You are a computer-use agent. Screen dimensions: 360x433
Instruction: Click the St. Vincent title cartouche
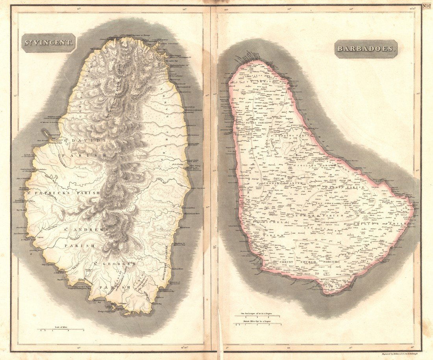(x=48, y=42)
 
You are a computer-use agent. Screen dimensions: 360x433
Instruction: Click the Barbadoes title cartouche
(x=366, y=49)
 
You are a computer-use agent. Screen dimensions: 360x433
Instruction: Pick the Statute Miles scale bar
(x=258, y=324)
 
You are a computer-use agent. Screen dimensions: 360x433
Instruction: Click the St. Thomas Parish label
(x=279, y=184)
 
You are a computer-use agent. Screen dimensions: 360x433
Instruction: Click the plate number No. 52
(x=427, y=6)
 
